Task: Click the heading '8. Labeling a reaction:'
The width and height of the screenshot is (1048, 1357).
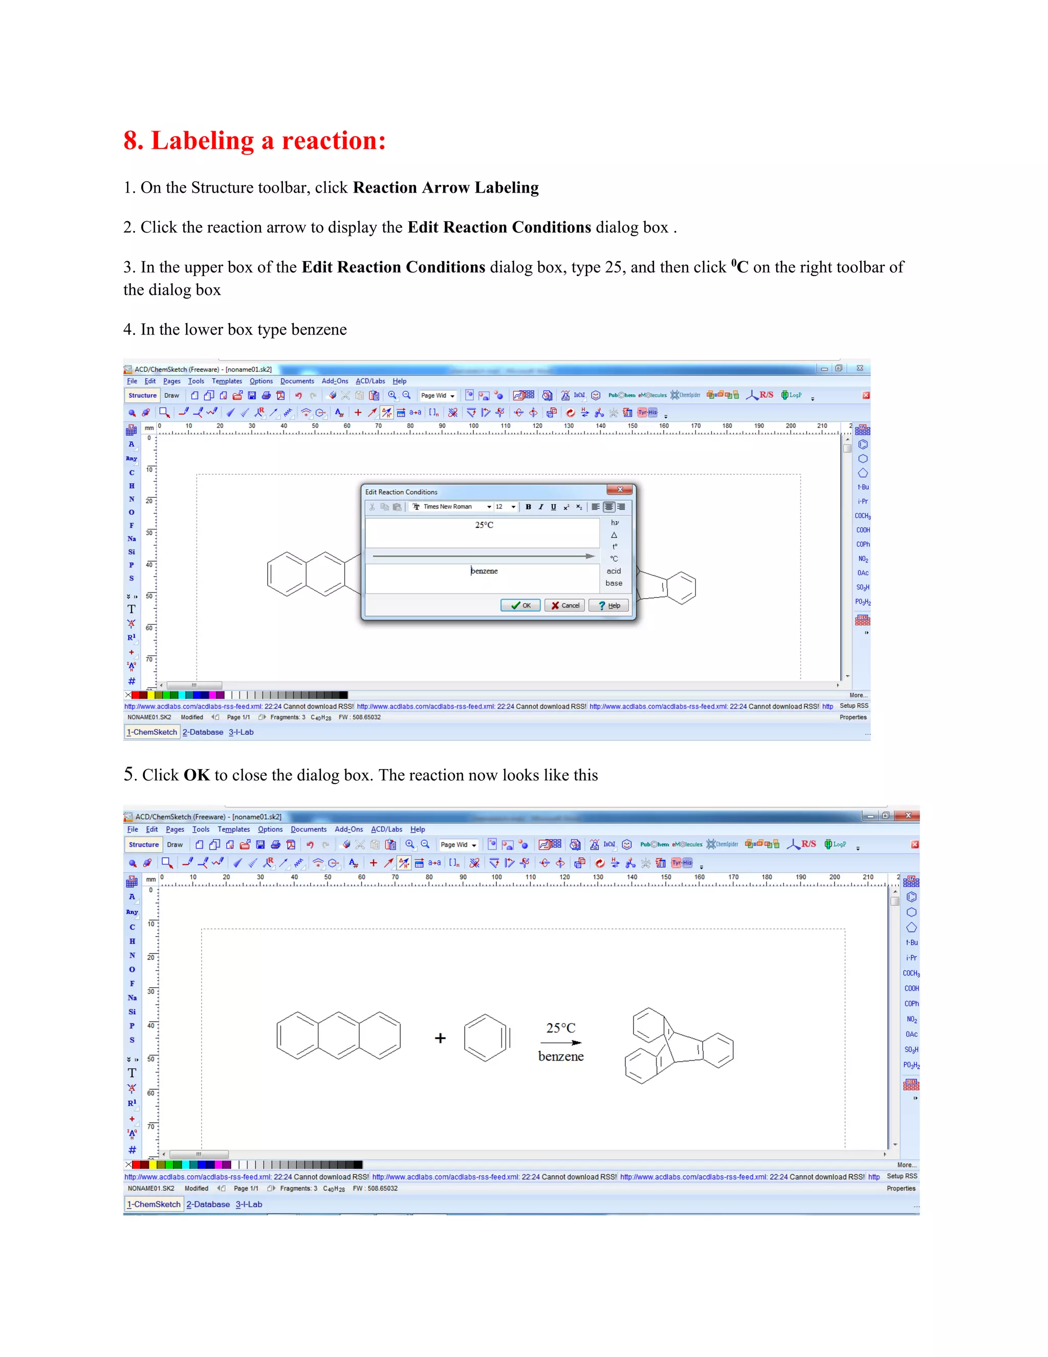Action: pyautogui.click(x=254, y=140)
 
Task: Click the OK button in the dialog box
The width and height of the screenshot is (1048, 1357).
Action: pyautogui.click(x=520, y=605)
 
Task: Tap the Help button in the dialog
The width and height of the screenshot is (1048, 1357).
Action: pyautogui.click(x=608, y=605)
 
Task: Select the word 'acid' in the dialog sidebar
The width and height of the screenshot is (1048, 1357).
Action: pyautogui.click(x=614, y=571)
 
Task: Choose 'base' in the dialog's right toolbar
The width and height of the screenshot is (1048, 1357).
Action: pyautogui.click(x=614, y=583)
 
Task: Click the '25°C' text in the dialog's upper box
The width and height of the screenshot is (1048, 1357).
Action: pyautogui.click(x=484, y=525)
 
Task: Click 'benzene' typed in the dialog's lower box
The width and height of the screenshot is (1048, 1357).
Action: pyautogui.click(x=484, y=571)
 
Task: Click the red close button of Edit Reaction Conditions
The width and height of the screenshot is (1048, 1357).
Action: pyautogui.click(x=620, y=490)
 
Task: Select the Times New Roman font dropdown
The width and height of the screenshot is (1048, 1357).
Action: pyautogui.click(x=452, y=507)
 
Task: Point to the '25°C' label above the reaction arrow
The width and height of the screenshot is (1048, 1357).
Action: pyautogui.click(x=561, y=1028)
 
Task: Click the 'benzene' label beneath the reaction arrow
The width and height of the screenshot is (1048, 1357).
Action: pyautogui.click(x=561, y=1057)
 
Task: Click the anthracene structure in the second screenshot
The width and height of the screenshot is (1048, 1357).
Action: pyautogui.click(x=338, y=1036)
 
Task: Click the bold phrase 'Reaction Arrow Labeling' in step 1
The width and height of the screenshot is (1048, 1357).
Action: pyautogui.click(x=445, y=187)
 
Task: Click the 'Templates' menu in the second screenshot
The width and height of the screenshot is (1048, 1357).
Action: pyautogui.click(x=233, y=830)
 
